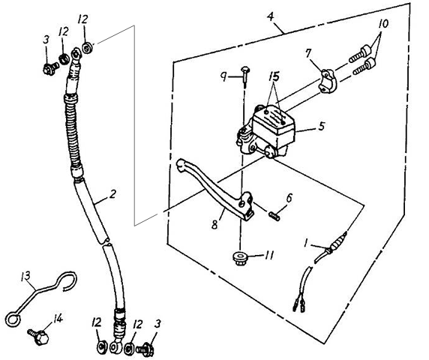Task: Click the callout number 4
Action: [270, 17]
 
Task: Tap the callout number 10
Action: [383, 24]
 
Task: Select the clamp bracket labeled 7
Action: [327, 81]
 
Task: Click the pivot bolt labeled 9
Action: [244, 74]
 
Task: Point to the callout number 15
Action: [274, 76]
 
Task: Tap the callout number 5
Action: [322, 126]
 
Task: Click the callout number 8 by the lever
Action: [214, 224]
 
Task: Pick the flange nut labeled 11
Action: [239, 259]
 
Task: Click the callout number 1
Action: [307, 242]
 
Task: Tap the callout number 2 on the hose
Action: [112, 194]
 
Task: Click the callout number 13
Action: [26, 276]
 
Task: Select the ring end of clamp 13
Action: [13, 319]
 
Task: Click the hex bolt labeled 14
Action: [39, 336]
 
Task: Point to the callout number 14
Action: [58, 319]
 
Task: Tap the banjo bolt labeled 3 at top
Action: [50, 67]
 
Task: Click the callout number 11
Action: [268, 256]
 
